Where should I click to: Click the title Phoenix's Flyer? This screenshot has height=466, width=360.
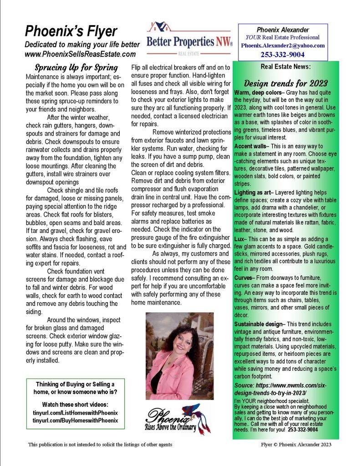pyautogui.click(x=71, y=31)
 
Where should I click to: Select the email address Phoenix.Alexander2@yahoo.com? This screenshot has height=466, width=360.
pyautogui.click(x=283, y=46)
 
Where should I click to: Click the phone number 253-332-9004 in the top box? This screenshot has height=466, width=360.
pyautogui.click(x=283, y=55)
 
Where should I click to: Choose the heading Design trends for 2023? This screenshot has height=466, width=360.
pyautogui.click(x=286, y=83)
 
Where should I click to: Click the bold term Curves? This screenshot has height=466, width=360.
pyautogui.click(x=245, y=278)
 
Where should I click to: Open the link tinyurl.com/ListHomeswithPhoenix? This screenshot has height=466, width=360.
pyautogui.click(x=76, y=412)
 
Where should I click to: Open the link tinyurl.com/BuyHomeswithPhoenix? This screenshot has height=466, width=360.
pyautogui.click(x=76, y=420)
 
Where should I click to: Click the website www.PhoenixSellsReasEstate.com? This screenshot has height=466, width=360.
pyautogui.click(x=80, y=54)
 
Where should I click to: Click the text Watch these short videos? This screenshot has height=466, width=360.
pyautogui.click(x=75, y=404)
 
